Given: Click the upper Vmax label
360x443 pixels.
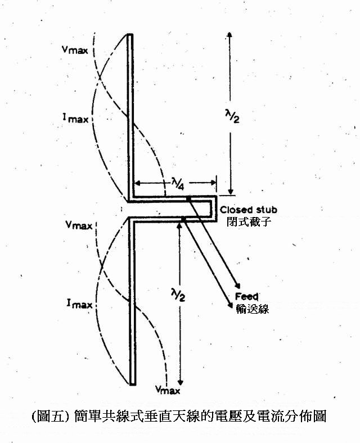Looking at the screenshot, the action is [75, 50].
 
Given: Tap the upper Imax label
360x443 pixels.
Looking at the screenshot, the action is [75, 118].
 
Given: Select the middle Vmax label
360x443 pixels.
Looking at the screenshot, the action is [79, 225].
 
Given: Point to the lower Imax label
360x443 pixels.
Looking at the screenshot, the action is [79, 304].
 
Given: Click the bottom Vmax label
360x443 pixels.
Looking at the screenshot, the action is [168, 390].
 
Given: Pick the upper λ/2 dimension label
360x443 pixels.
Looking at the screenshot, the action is [232, 116].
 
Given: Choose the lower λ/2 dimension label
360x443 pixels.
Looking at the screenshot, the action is [178, 294].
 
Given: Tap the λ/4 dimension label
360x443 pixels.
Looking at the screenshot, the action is [178, 184].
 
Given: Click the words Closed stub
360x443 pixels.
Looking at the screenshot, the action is [249, 210].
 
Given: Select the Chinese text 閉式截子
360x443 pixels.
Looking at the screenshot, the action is [249, 221].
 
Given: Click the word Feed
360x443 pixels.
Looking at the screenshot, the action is [247, 296].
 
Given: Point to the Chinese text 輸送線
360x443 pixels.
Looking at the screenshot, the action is [253, 309].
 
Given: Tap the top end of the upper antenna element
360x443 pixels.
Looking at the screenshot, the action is [130, 34].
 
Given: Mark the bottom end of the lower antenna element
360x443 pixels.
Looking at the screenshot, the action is [133, 384].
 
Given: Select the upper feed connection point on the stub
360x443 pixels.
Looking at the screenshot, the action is [188, 199].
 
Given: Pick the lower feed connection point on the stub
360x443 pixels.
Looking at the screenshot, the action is [184, 219].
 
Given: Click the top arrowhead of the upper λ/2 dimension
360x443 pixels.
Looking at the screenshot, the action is [229, 35].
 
